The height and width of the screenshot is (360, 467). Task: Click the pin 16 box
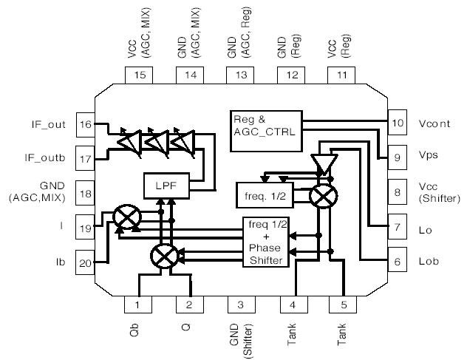pyautogui.click(x=86, y=124)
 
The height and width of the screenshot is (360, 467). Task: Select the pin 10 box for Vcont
pyautogui.click(x=398, y=123)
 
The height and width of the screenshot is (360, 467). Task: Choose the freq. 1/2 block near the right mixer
pyautogui.click(x=265, y=195)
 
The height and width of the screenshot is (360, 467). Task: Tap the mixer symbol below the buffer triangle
pyautogui.click(x=322, y=195)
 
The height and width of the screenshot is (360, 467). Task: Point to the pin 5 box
pyautogui.click(x=342, y=305)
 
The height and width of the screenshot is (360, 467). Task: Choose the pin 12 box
pyautogui.click(x=291, y=75)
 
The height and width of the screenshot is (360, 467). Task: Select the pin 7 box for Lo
pyautogui.click(x=398, y=228)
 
